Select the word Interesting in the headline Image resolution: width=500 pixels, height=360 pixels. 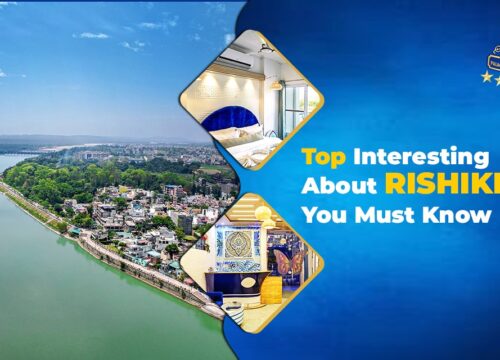click(435, 158)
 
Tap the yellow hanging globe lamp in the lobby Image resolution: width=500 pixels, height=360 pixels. click(266, 214)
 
